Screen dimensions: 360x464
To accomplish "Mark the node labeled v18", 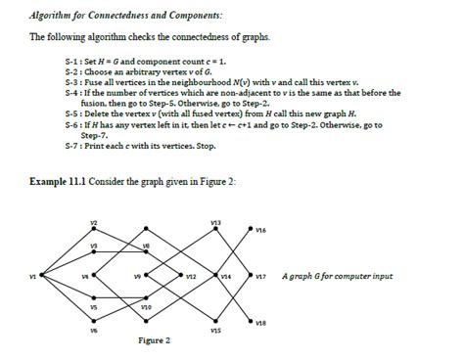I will point(251,319).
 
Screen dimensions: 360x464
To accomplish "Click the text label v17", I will point(261,277).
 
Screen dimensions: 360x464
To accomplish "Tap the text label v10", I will point(145,306).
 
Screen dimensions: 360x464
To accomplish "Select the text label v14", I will point(225,277).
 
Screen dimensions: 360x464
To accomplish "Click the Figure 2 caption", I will point(155,340).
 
